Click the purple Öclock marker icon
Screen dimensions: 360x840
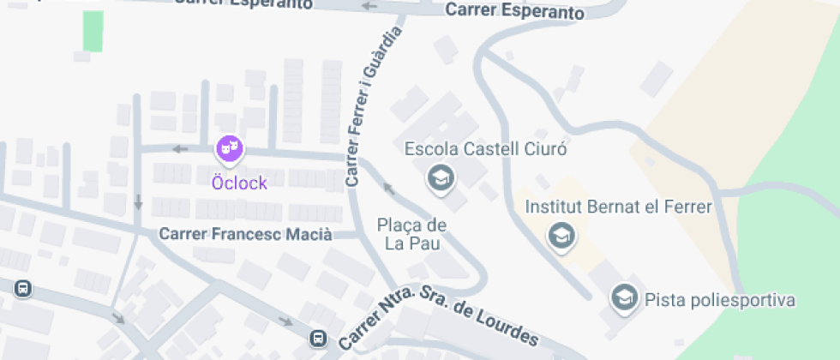click(229, 150)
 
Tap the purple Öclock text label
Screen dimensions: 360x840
click(240, 183)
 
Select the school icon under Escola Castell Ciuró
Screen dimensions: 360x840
click(441, 178)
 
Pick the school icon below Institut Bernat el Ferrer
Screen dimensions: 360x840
click(561, 235)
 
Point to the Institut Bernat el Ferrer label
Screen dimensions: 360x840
click(619, 207)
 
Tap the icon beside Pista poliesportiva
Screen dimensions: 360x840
click(624, 297)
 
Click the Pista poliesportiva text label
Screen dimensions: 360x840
click(720, 300)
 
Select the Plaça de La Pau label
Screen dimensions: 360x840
click(412, 234)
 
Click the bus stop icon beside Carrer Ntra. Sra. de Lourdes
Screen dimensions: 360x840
click(318, 339)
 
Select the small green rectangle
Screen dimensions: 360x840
click(93, 31)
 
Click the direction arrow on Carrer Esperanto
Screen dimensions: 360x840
click(370, 7)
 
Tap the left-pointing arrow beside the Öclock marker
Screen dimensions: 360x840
click(180, 149)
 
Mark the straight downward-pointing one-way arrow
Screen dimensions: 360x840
click(138, 202)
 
